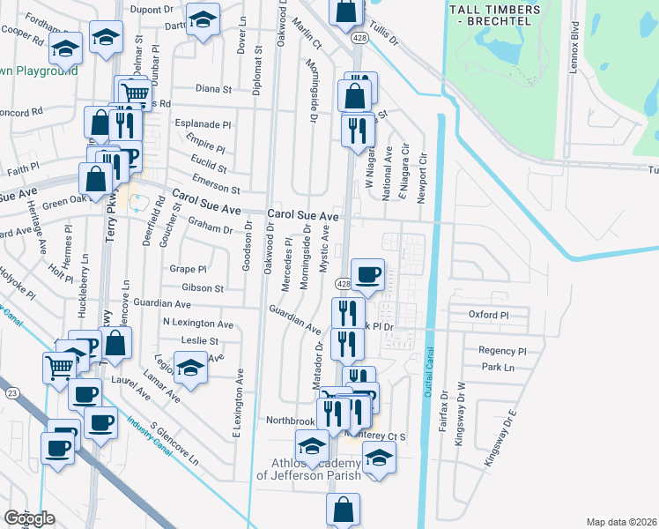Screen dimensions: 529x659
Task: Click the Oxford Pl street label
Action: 489,315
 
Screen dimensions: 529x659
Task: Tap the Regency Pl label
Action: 502,350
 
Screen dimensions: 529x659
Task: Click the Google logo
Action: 29,518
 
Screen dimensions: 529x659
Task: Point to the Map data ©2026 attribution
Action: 622,522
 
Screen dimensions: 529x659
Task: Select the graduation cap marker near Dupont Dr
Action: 204,20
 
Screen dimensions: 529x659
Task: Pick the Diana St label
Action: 213,89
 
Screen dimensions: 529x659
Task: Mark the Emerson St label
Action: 217,183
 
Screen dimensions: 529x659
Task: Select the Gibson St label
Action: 203,287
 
